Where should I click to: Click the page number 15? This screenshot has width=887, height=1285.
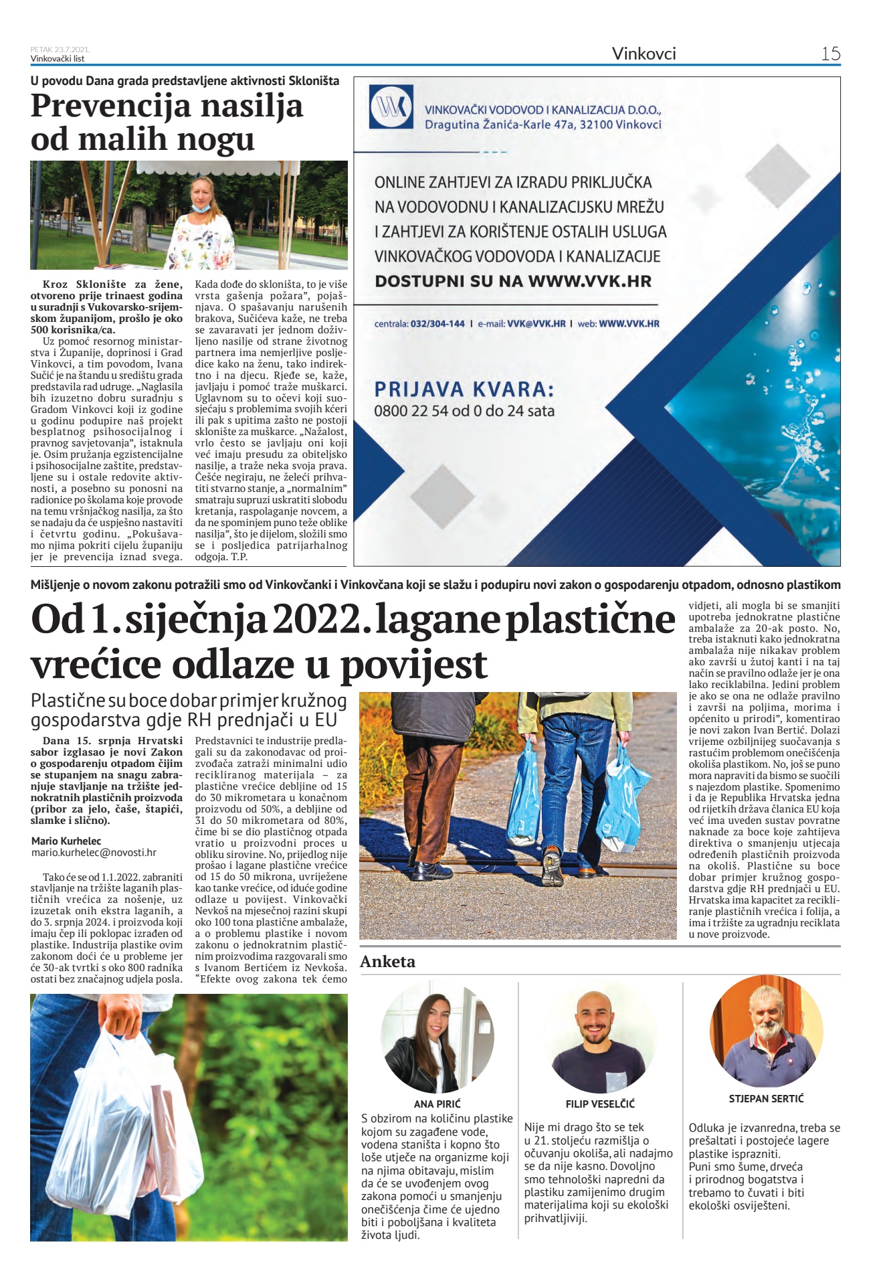[x=830, y=54]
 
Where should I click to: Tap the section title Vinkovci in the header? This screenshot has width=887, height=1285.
[x=644, y=54]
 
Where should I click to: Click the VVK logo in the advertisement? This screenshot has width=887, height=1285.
[x=391, y=107]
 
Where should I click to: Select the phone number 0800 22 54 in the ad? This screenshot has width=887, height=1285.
[x=411, y=411]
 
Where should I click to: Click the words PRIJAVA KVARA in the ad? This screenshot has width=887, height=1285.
[x=464, y=390]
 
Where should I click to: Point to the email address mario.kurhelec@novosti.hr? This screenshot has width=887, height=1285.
[x=94, y=853]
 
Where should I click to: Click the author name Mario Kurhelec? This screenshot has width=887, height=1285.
[x=66, y=841]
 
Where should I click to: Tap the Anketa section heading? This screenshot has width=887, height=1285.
[x=387, y=962]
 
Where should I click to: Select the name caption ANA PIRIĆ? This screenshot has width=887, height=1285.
[x=437, y=1104]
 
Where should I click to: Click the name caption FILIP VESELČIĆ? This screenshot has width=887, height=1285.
[x=600, y=1104]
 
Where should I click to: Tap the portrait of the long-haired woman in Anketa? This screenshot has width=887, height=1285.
[x=437, y=1037]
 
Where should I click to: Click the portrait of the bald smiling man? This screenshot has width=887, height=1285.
[x=600, y=1037]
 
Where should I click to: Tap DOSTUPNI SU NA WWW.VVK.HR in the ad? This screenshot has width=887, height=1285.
[x=512, y=281]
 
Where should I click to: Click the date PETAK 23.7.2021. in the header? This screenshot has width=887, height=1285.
[x=60, y=50]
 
